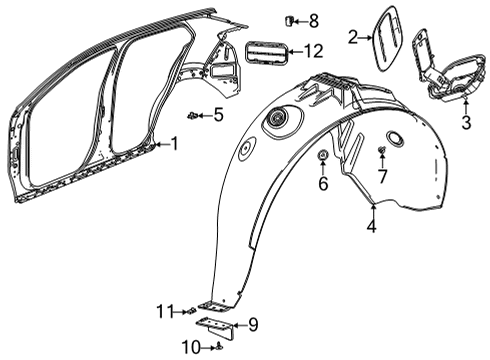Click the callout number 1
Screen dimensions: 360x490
pyautogui.click(x=174, y=144)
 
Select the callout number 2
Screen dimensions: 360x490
pyautogui.click(x=352, y=37)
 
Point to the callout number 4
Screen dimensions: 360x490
pyautogui.click(x=372, y=227)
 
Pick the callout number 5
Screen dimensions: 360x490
pyautogui.click(x=218, y=115)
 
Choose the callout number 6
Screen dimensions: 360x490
pyautogui.click(x=323, y=184)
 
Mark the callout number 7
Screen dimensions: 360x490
pyautogui.click(x=382, y=176)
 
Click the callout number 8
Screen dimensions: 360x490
pyautogui.click(x=313, y=20)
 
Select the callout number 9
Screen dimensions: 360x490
pyautogui.click(x=253, y=323)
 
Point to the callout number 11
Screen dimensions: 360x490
pyautogui.click(x=165, y=311)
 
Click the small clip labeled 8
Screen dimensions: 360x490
pyautogui.click(x=291, y=20)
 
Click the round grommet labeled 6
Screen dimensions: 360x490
pyautogui.click(x=323, y=158)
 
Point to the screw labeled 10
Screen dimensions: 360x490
pyautogui.click(x=217, y=346)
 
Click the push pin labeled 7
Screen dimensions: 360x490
pyautogui.click(x=382, y=152)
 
